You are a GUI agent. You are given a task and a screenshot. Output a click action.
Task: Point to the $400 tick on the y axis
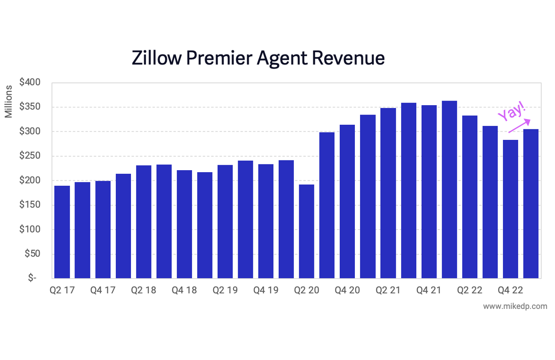pyautogui.click(x=29, y=83)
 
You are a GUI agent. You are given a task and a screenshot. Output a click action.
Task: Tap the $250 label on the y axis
pyautogui.click(x=29, y=156)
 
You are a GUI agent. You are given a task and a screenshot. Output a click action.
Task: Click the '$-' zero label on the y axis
pyautogui.click(x=32, y=278)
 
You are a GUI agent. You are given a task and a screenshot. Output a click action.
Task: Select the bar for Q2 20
pyautogui.click(x=307, y=232)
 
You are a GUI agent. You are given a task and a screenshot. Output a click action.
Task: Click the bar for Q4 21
pyautogui.click(x=429, y=192)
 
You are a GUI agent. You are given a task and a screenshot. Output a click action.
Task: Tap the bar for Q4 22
pyautogui.click(x=510, y=209)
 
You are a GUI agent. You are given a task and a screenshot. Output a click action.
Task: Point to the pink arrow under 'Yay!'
pyautogui.click(x=519, y=126)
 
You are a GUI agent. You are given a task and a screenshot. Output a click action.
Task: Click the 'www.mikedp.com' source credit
pyautogui.click(x=515, y=306)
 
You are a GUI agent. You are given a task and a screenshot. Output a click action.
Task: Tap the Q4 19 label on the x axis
pyautogui.click(x=266, y=290)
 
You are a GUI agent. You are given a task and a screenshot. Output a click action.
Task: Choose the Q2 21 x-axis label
pyautogui.click(x=388, y=290)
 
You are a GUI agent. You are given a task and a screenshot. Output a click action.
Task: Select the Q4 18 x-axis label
pyautogui.click(x=184, y=290)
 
